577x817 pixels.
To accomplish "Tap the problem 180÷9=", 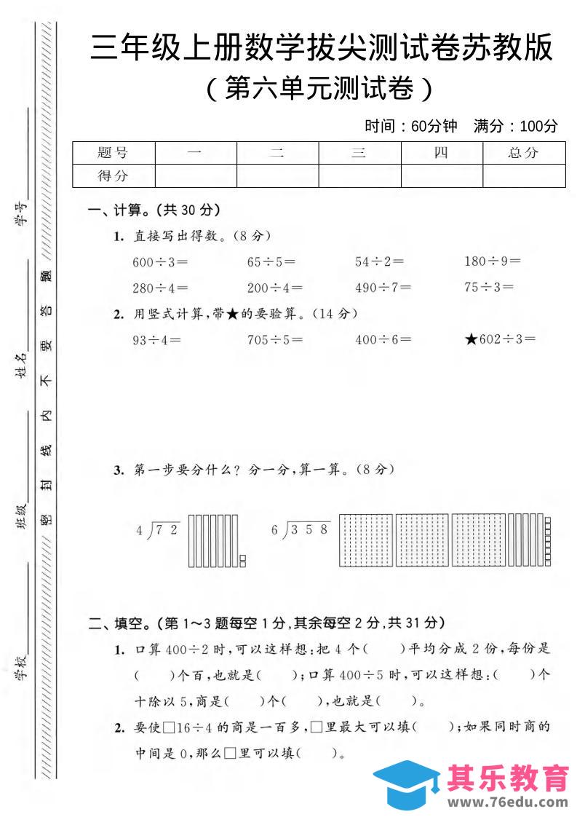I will pyautogui.click(x=493, y=261).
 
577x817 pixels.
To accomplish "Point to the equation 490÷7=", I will pyautogui.click(x=383, y=288).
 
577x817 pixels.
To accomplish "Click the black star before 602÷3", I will pyautogui.click(x=470, y=339).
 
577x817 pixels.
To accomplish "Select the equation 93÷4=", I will pyautogui.click(x=156, y=339).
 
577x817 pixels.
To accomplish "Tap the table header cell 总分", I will pyautogui.click(x=524, y=154).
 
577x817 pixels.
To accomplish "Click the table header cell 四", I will pyautogui.click(x=442, y=154).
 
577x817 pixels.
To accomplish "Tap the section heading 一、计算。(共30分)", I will pyautogui.click(x=154, y=210).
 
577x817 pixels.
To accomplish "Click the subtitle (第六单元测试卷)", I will pyautogui.click(x=320, y=89).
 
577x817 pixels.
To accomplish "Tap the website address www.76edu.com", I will pyautogui.click(x=508, y=802).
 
